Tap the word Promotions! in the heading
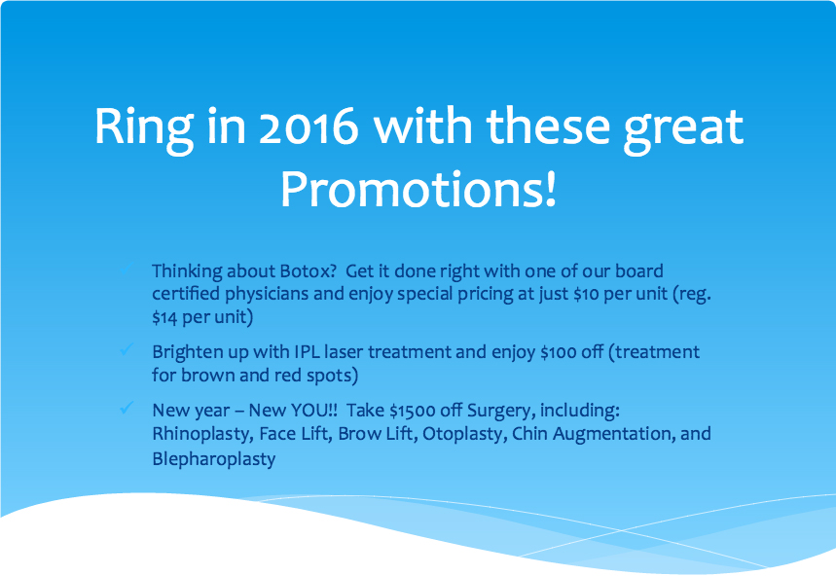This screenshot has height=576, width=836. pyautogui.click(x=418, y=189)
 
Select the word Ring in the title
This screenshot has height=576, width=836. pyautogui.click(x=144, y=129)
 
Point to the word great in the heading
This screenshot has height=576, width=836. pyautogui.click(x=683, y=129)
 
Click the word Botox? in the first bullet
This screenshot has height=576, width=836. pyautogui.click(x=309, y=270)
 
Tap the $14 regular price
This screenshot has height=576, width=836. pyautogui.click(x=164, y=317)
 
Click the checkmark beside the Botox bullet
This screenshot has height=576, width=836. pyautogui.click(x=126, y=270)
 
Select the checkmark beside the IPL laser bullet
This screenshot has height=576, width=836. pyautogui.click(x=126, y=350)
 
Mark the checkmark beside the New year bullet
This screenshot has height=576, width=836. pyautogui.click(x=126, y=408)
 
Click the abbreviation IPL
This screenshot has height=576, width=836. pyautogui.click(x=307, y=352)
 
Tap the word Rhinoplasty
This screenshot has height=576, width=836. pyautogui.click(x=202, y=434)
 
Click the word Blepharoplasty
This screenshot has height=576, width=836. pyautogui.click(x=214, y=458)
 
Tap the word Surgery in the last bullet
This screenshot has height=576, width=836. pyautogui.click(x=500, y=412)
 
